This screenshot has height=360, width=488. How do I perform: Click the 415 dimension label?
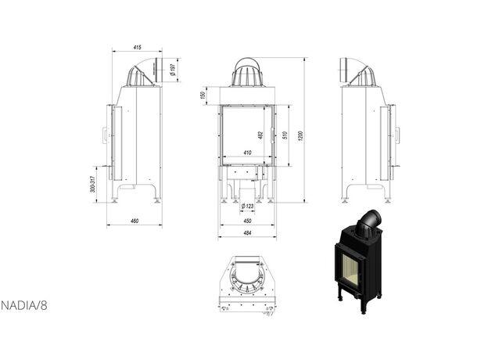coord(138,47)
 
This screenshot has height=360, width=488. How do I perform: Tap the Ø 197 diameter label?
coord(173,70)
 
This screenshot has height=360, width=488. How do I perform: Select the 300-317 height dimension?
coord(92,184)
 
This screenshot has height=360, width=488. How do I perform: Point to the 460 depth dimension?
coord(135,221)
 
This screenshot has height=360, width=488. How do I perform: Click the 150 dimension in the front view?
coord(203,95)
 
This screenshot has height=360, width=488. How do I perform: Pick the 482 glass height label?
coord(260,135)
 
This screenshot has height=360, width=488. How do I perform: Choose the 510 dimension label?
coord(285,135)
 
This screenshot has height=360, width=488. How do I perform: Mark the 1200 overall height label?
coord(300,135)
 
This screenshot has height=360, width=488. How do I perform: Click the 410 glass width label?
coord(247,153)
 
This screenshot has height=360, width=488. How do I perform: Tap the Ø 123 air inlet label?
coord(247,206)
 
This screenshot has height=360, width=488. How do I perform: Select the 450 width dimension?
coord(247,221)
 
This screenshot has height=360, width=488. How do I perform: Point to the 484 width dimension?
coord(247,233)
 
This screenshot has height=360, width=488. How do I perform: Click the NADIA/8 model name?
coord(24,305)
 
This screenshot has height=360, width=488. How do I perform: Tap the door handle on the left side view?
coord(105,135)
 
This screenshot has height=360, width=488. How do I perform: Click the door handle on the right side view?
coord(397,135)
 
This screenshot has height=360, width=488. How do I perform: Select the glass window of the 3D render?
coord(351,267)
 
